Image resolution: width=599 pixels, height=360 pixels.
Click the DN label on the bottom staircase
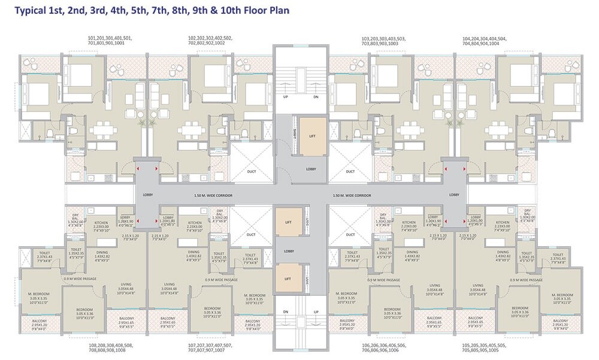coord(286,311)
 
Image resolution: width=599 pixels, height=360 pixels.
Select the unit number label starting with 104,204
coord(483,41)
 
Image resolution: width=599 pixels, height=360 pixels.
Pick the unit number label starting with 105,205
coord(483,348)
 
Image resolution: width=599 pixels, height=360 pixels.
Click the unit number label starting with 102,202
coord(210,41)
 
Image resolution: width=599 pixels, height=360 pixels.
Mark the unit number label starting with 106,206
coord(384,348)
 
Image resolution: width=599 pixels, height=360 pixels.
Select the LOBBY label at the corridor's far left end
coord(147,195)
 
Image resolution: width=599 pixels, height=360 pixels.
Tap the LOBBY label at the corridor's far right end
coord(455,195)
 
